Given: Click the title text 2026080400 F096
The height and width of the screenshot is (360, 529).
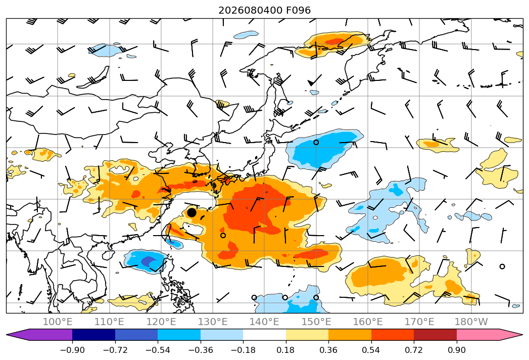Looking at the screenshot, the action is [265, 10].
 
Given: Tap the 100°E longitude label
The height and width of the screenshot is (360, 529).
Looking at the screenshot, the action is [58, 322].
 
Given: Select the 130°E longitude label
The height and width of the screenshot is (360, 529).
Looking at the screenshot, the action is [213, 322].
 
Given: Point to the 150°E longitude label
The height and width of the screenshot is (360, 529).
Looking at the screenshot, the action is [316, 322].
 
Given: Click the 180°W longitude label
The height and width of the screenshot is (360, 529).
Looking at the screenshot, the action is [471, 322].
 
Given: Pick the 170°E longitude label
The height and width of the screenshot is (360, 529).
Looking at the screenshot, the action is [419, 322].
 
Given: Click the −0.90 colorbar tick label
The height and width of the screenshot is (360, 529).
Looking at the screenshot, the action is [72, 350].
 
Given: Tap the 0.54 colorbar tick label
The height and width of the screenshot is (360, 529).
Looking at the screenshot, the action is [371, 350].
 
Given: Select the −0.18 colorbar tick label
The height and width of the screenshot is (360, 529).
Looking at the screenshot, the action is [243, 350].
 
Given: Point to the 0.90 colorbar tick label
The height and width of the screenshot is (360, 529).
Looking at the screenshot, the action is [456, 350].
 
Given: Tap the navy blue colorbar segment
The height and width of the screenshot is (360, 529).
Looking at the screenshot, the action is [93, 335].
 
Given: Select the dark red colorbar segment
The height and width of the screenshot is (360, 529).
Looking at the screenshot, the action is [435, 335].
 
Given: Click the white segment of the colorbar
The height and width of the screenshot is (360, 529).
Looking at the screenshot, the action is [265, 335].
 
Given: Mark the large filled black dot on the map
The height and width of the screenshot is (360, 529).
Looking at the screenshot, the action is [191, 212].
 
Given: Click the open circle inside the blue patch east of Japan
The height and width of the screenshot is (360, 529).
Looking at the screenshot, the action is [316, 143].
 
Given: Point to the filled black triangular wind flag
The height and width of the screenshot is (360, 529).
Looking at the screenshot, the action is [311, 82].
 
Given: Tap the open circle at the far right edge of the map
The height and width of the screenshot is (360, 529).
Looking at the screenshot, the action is [502, 266].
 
